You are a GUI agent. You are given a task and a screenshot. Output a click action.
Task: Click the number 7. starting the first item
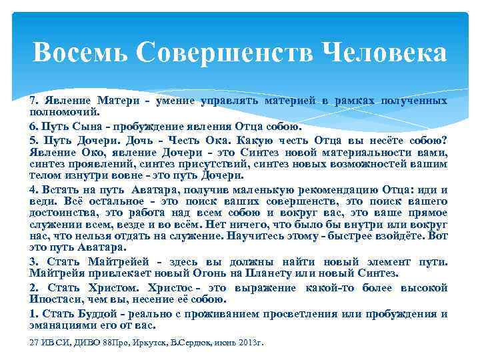pyautogui.click(x=34, y=101)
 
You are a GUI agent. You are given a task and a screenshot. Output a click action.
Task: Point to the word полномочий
pyautogui.click(x=59, y=111)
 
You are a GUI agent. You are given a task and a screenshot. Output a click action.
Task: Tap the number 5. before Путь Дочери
pyautogui.click(x=34, y=140)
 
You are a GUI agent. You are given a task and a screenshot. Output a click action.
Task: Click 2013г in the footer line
pyautogui.click(x=251, y=343)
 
